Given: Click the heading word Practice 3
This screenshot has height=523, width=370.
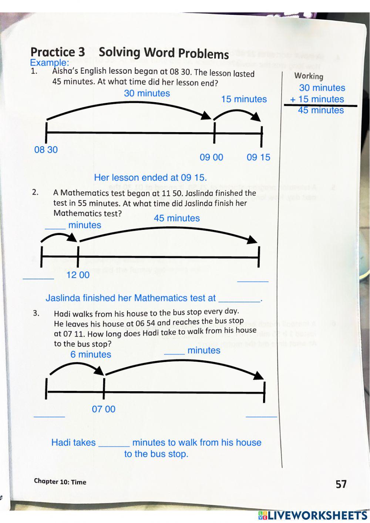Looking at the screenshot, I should click(x=57, y=52).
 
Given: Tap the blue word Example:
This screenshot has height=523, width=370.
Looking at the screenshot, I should click(x=49, y=63).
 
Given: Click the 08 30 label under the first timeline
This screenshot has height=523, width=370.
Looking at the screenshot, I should click(x=46, y=150).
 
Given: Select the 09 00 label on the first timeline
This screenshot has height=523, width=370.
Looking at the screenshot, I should click(x=211, y=157).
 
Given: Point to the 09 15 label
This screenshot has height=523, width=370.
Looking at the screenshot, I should click(x=258, y=157).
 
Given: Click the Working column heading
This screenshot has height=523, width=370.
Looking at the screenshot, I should click(x=309, y=76).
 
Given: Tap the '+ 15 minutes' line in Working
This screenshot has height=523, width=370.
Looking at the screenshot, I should click(x=317, y=99).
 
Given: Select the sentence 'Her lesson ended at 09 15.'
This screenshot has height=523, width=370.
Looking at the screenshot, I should click(x=150, y=178).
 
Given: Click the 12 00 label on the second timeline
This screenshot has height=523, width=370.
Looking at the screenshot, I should click(x=78, y=275).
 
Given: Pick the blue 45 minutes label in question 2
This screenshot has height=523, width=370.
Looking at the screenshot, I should click(x=176, y=218).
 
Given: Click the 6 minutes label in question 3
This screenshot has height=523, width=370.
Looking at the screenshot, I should click(x=91, y=355).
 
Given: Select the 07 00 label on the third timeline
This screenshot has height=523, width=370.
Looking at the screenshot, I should click(x=104, y=409).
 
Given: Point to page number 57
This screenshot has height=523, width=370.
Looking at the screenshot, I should click(x=341, y=484).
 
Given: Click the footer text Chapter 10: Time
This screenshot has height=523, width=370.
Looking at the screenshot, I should click(x=60, y=482).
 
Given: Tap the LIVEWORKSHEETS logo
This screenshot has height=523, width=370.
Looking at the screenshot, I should click(x=313, y=516).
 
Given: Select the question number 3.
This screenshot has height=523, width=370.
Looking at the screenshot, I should click(x=36, y=313).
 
